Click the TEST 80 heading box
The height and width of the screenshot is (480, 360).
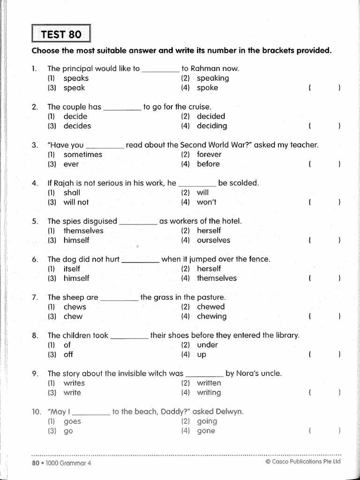(x=60, y=35)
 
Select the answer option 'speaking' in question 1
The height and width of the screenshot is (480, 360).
(x=212, y=78)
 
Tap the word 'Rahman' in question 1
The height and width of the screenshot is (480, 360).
(x=204, y=68)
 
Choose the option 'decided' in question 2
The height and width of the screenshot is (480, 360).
(x=210, y=116)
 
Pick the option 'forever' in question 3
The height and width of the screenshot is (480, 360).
(x=209, y=154)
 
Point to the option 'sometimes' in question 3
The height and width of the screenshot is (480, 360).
(x=82, y=154)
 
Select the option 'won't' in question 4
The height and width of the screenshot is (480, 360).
(x=206, y=202)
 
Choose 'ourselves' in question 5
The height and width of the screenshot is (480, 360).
(x=213, y=240)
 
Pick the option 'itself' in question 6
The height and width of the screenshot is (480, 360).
(x=72, y=269)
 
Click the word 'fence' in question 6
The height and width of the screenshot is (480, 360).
(x=259, y=259)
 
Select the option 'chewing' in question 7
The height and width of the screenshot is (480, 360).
(x=211, y=316)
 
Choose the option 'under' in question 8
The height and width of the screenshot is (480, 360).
(x=207, y=345)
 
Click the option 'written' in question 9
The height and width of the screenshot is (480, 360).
(x=209, y=383)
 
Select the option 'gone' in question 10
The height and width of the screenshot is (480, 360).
(x=206, y=431)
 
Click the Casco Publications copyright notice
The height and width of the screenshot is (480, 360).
(x=302, y=462)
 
